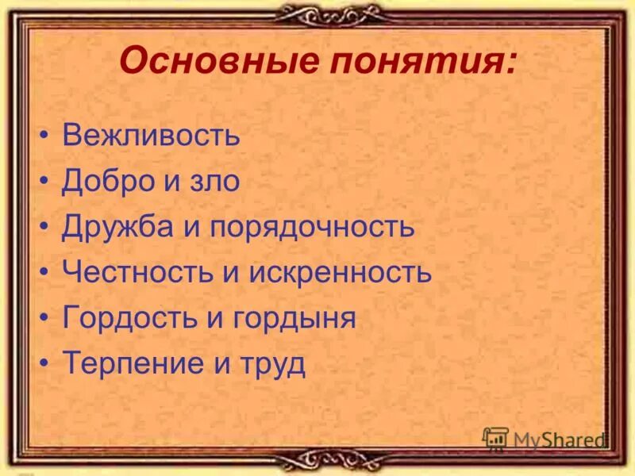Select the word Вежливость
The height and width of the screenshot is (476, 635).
coord(151,135)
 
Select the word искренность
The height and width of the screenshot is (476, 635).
coord(341,272)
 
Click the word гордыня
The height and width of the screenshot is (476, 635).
coord(294,319)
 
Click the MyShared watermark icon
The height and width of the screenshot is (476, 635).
coord(495,439)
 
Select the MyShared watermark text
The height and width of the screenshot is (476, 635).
coord(559,440)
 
